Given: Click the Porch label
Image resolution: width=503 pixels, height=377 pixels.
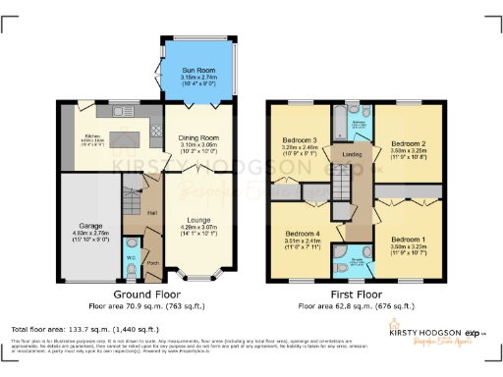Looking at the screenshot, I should coord(152,263).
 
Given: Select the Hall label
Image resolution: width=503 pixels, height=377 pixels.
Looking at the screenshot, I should coord(152,213).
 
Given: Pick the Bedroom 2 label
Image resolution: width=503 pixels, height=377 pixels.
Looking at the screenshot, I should coord(406,141).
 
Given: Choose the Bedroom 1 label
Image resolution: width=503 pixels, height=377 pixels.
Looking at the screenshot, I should coord(406,241).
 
